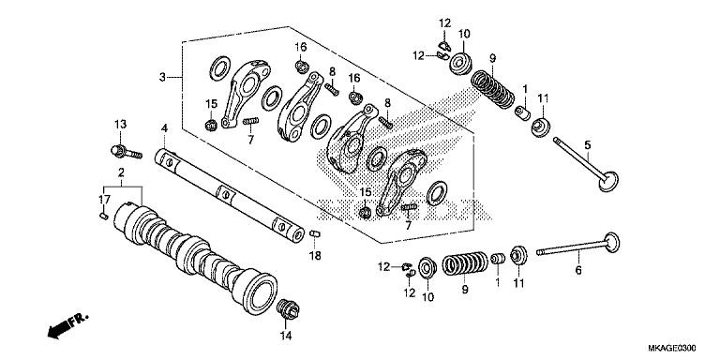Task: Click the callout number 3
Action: pos(162,76)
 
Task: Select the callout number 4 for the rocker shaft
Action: pos(163,127)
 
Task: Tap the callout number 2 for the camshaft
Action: pos(121,175)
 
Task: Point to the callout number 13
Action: pos(120,125)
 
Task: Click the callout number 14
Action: pos(286,335)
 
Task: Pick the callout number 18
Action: pos(315,257)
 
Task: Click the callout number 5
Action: pos(588,144)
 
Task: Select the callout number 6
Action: pos(578,270)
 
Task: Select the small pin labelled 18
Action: pos(314,232)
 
